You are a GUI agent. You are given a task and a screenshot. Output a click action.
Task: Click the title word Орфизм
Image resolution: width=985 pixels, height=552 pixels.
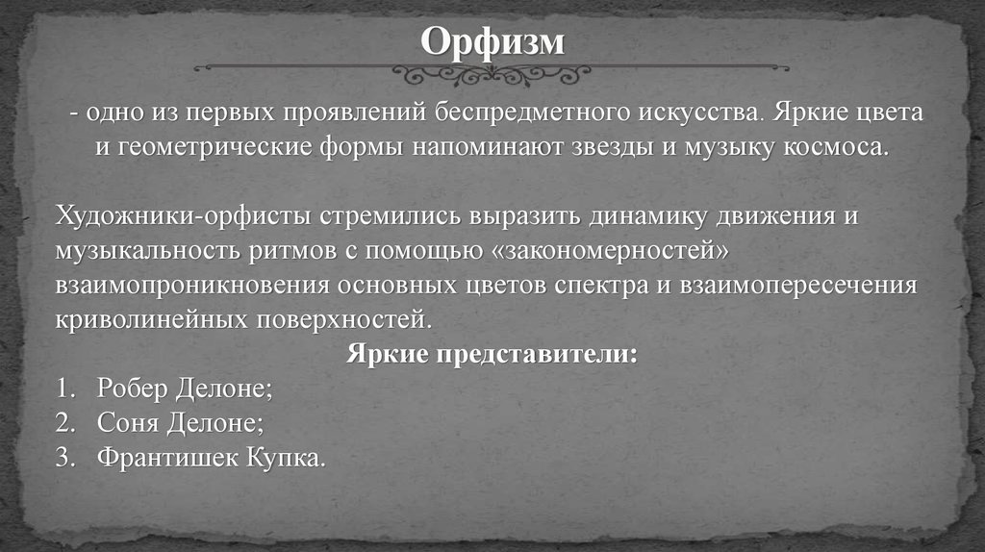click(492, 42)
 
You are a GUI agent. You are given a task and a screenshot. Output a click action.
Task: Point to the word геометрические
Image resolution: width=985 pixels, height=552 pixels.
click(215, 147)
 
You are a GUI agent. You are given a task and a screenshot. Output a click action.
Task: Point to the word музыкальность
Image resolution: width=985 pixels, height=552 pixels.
click(147, 251)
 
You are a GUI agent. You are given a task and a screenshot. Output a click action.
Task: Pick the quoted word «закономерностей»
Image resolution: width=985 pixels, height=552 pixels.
click(608, 251)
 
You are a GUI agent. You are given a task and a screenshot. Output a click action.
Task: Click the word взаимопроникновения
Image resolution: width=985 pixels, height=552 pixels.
click(192, 285)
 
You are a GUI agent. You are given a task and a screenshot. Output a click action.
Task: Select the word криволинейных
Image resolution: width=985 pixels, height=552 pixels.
click(151, 319)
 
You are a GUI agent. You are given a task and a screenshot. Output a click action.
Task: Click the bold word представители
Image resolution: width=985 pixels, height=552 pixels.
click(537, 354)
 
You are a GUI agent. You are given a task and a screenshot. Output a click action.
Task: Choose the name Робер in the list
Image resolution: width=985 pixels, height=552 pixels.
click(132, 389)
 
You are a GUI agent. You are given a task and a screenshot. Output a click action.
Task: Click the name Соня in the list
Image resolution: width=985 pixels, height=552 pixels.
click(127, 422)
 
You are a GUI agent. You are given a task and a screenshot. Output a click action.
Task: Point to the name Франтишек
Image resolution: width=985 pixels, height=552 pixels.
click(167, 457)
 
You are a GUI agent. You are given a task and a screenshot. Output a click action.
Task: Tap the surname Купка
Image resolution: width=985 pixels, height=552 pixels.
click(286, 457)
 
